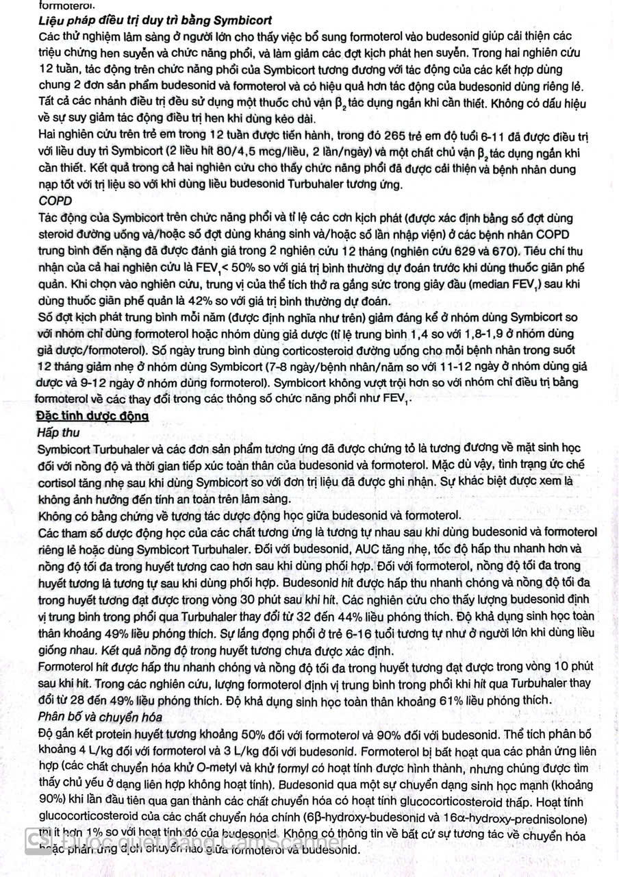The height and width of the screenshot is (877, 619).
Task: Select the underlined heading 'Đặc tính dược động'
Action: tap(92, 417)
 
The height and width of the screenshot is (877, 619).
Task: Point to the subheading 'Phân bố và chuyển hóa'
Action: tap(100, 717)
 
